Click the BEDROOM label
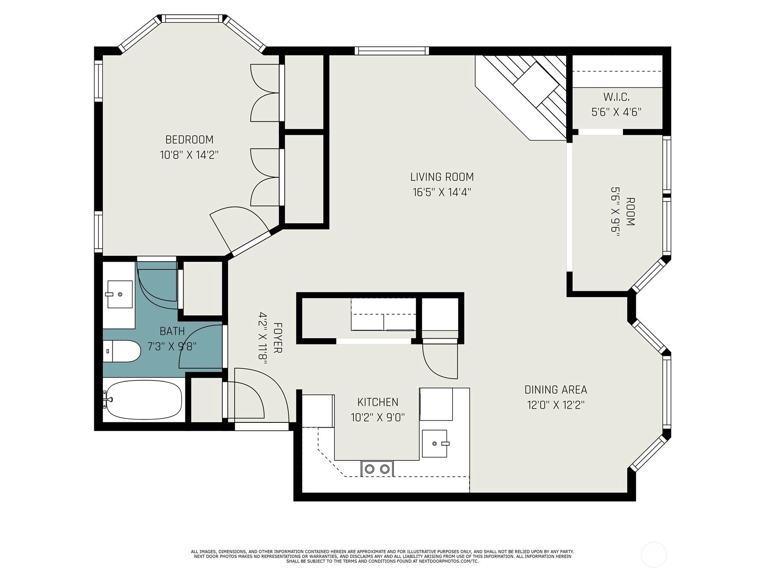pyautogui.click(x=189, y=139)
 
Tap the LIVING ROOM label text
pyautogui.click(x=442, y=177)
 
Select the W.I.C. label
pyautogui.click(x=616, y=97)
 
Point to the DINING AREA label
pyautogui.click(x=556, y=390)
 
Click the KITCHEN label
pyautogui.click(x=378, y=402)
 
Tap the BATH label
pyautogui.click(x=172, y=331)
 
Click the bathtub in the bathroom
pyautogui.click(x=143, y=400)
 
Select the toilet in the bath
pyautogui.click(x=121, y=351)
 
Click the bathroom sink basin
pyautogui.click(x=120, y=295)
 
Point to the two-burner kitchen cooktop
pyautogui.click(x=377, y=469)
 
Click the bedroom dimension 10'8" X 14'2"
pyautogui.click(x=189, y=155)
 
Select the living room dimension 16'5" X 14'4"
pyautogui.click(x=442, y=192)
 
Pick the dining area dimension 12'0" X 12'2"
pyautogui.click(x=556, y=405)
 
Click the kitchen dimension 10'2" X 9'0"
pyautogui.click(x=378, y=418)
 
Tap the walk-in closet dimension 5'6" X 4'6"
pyautogui.click(x=616, y=112)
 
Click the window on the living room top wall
pyautogui.click(x=392, y=51)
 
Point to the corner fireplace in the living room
pyautogui.click(x=521, y=98)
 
